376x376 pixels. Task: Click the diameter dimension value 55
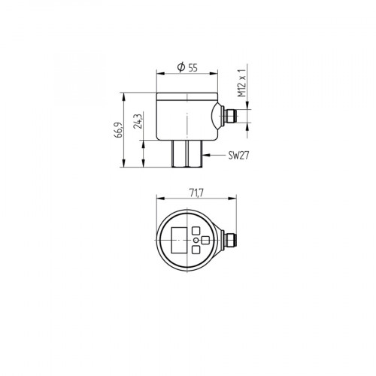193,68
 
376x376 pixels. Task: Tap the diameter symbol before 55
180,68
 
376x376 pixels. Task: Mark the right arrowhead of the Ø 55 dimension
217,73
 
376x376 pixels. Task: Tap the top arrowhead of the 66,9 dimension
125,95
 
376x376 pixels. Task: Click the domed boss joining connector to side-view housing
219,117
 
